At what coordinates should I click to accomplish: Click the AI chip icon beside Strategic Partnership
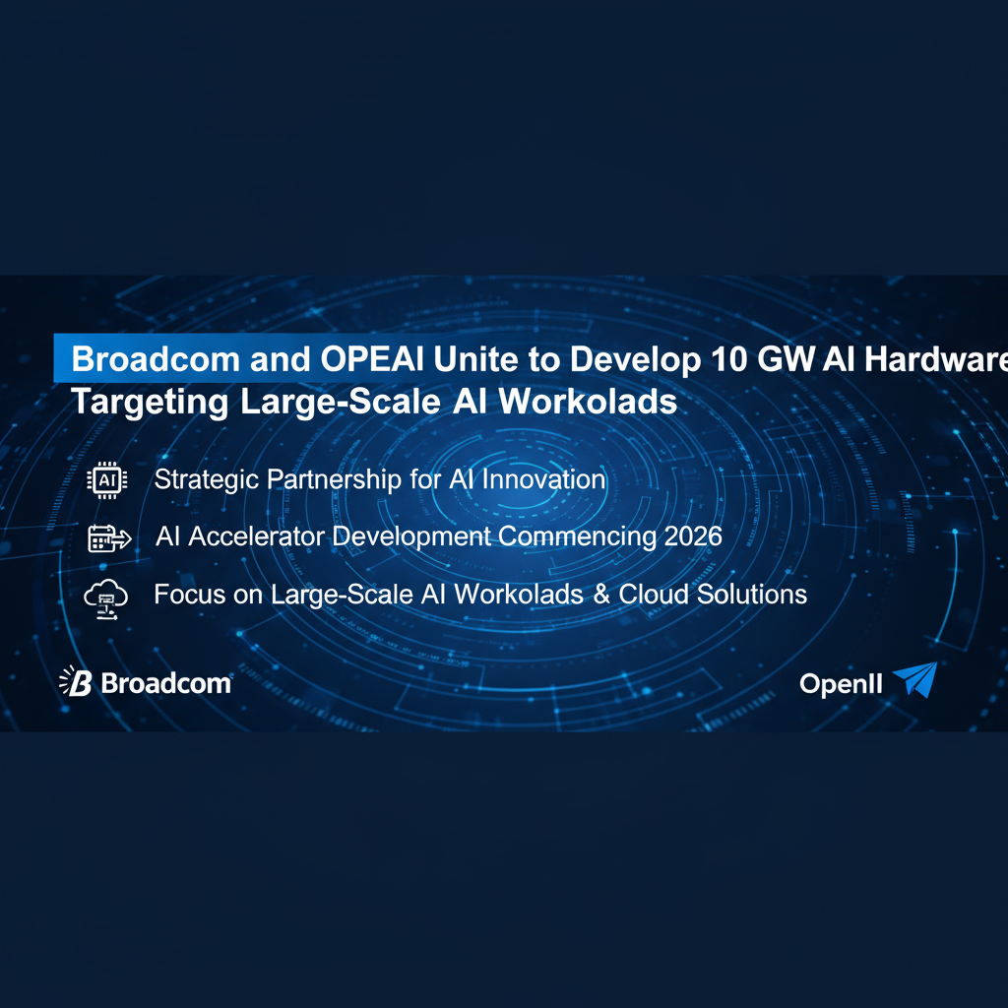pos(107,480)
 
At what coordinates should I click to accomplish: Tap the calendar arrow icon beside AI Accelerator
pos(108,538)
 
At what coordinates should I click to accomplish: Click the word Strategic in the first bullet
pos(205,480)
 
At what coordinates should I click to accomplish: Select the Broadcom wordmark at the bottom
pos(165,683)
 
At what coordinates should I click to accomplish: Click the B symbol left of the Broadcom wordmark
pos(78,681)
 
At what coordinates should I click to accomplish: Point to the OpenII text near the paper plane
pos(841,684)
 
